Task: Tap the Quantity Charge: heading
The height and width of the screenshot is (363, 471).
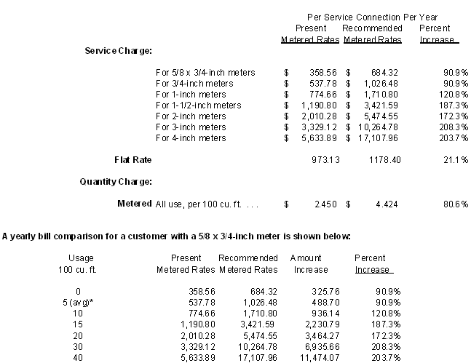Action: coord(115,181)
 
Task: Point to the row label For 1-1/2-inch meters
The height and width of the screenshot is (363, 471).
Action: coord(198,105)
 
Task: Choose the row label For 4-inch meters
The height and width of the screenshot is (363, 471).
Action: coord(191,138)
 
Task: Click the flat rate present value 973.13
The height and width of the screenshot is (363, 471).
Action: coord(324,159)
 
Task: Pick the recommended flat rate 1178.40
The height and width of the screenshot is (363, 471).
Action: coord(385,159)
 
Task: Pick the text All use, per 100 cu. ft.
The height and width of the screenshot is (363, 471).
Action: coord(207,204)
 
